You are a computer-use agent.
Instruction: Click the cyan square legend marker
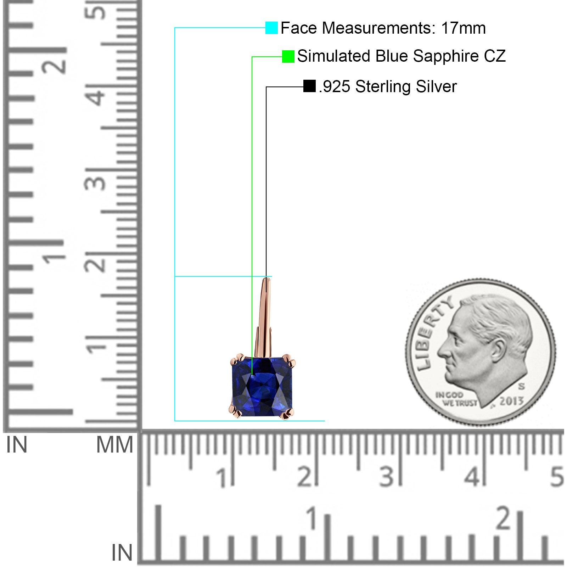271,28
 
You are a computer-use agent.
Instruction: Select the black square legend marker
309,86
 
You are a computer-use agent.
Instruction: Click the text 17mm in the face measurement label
464,28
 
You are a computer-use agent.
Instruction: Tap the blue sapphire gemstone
263,387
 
